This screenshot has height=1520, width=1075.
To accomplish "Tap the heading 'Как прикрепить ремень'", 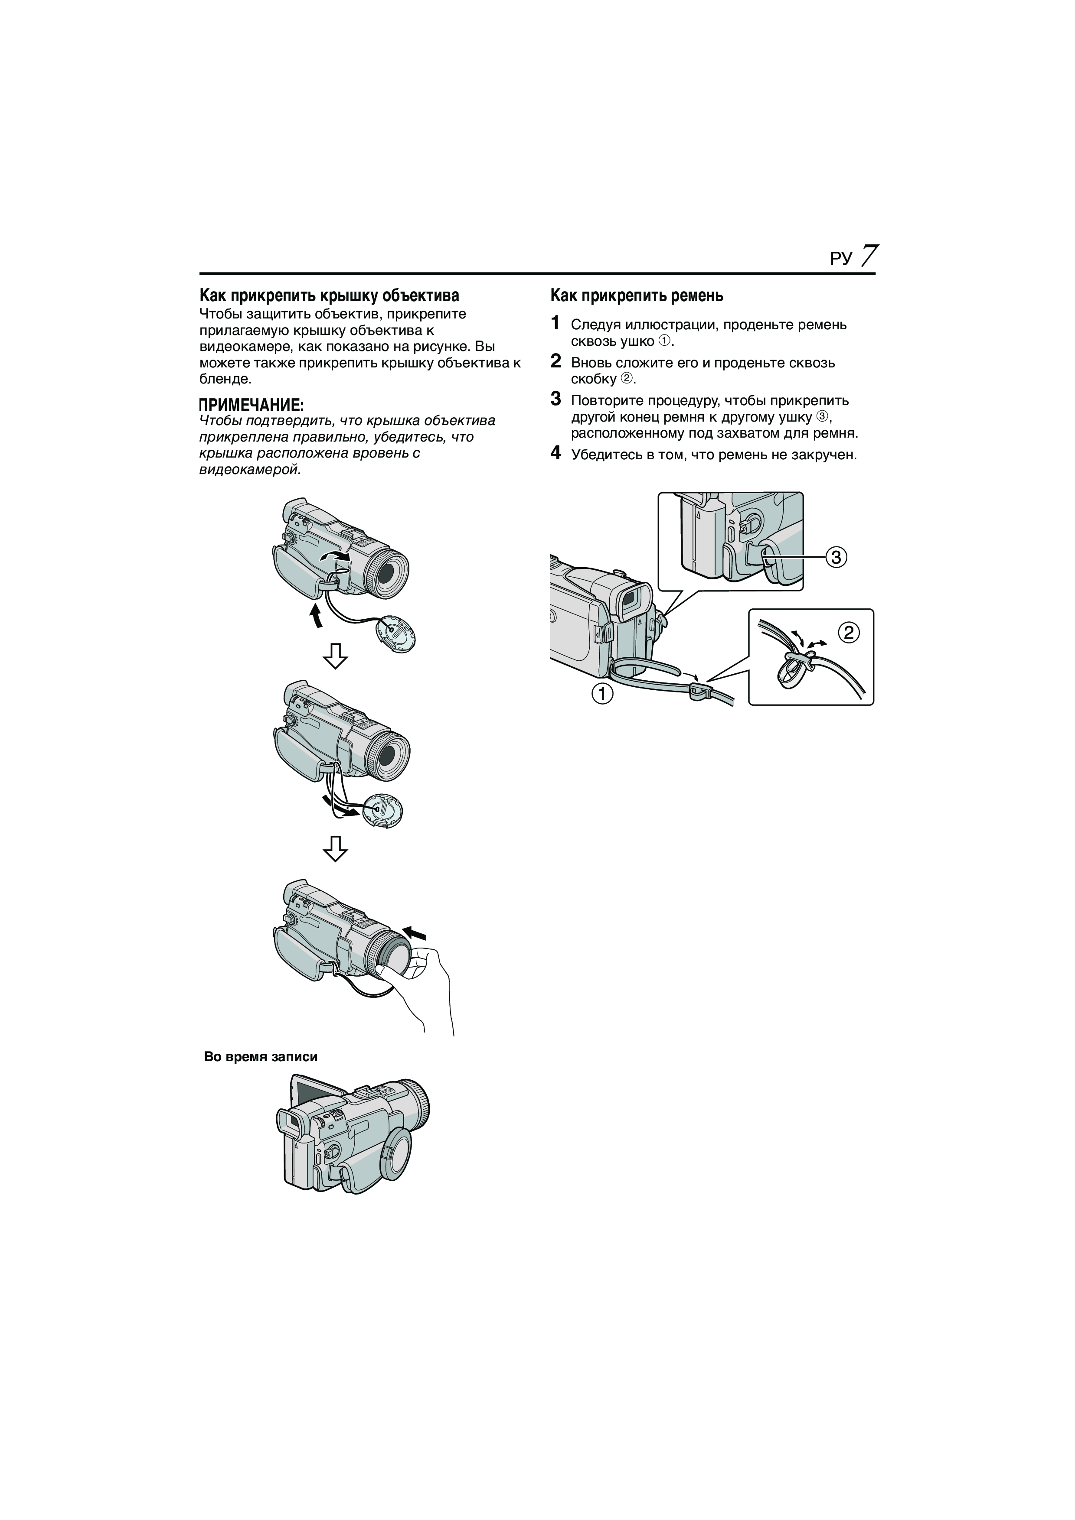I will click(x=637, y=296).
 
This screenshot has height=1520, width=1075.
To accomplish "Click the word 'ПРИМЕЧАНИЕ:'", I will click(x=252, y=405).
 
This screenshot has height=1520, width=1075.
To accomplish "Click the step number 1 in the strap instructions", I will click(x=556, y=323).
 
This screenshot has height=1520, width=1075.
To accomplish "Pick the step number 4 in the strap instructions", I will click(x=556, y=454).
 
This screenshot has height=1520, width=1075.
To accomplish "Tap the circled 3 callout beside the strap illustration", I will click(x=836, y=557).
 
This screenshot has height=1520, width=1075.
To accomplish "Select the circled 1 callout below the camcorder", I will click(x=602, y=695).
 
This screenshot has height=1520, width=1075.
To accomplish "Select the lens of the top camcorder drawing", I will click(x=391, y=570).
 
